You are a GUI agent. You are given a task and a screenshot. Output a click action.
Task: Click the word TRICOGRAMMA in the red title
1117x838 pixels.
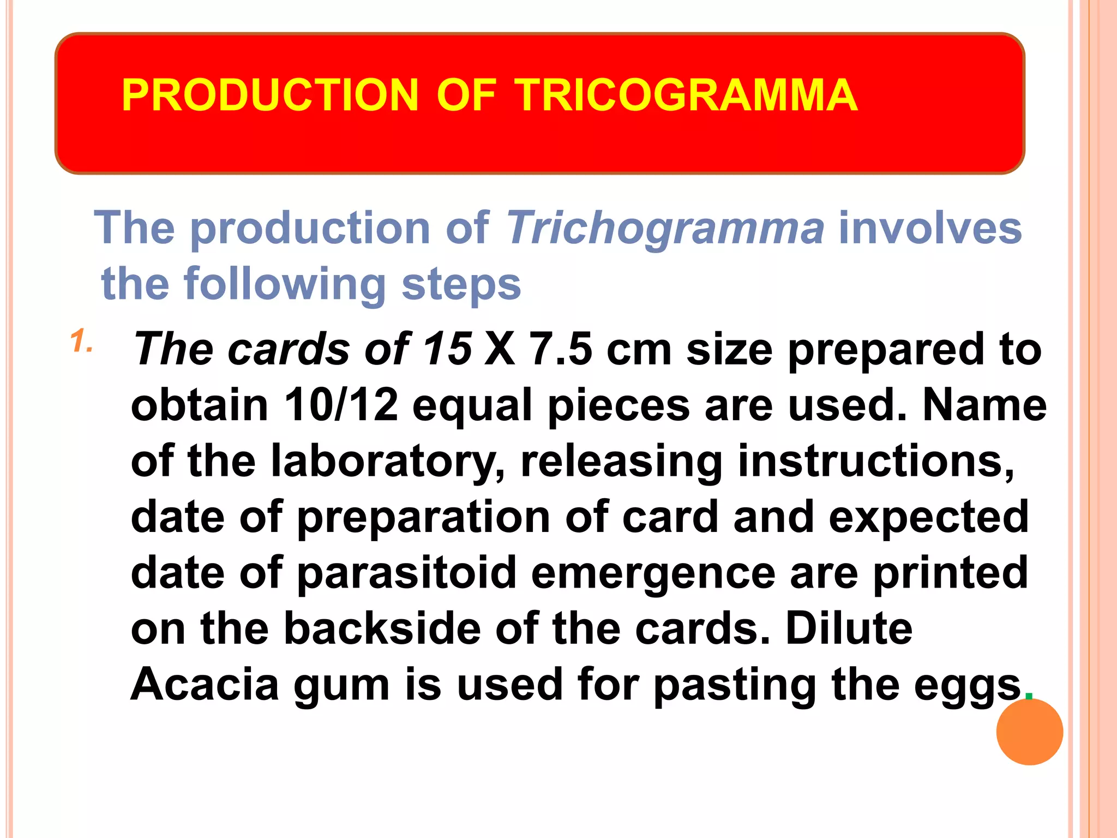point(686,95)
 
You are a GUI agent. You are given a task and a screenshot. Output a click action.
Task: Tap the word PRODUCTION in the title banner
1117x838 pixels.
point(270,95)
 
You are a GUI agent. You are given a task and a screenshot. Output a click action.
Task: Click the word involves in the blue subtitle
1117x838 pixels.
point(930,228)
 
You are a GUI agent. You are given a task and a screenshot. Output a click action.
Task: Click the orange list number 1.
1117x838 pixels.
point(82,342)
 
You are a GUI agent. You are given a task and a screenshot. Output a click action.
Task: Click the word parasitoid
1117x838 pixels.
point(407,573)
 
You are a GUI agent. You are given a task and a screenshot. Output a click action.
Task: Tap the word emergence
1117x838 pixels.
point(653,573)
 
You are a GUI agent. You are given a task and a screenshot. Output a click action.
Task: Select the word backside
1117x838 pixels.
point(382,628)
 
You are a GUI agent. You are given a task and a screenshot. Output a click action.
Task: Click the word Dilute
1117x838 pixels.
point(849,628)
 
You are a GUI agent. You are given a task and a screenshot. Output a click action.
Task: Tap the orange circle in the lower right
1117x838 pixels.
point(1029,732)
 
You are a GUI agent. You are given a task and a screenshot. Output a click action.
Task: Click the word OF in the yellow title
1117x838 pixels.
point(466,95)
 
